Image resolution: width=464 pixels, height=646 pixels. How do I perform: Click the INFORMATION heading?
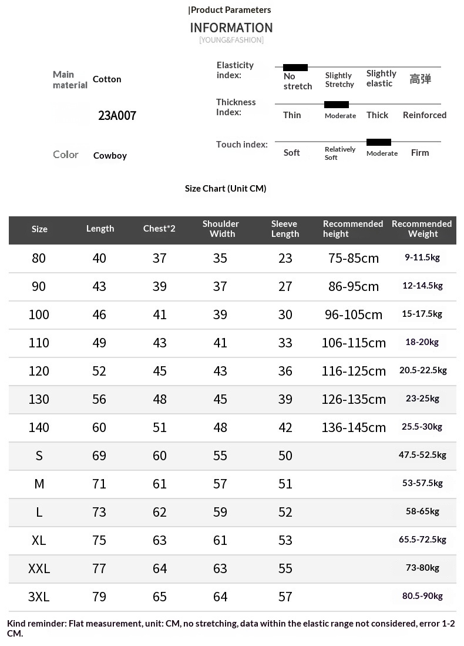tap(231, 28)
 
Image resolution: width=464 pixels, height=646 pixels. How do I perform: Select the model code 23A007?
tap(117, 115)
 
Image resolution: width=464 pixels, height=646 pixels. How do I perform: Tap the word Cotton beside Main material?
tap(107, 79)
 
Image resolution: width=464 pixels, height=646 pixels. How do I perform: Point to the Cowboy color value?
tap(110, 156)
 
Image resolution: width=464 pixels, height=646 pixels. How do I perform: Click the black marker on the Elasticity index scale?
tap(295, 68)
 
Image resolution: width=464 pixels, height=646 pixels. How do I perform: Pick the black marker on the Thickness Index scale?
tap(337, 105)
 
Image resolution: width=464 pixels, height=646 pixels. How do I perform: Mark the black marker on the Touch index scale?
tap(379, 142)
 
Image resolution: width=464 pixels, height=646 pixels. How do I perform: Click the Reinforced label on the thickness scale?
tap(425, 115)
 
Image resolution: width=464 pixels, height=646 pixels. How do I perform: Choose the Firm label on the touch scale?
tap(420, 153)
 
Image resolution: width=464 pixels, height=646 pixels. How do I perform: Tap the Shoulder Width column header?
tap(220, 229)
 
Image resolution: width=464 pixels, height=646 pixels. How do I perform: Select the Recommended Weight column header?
tap(422, 229)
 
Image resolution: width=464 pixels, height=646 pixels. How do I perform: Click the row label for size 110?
tap(39, 343)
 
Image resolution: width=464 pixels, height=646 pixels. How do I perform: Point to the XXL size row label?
tap(39, 568)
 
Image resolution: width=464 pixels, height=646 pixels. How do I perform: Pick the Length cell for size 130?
tap(99, 399)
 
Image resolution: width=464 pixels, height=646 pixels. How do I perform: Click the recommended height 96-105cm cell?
tap(354, 314)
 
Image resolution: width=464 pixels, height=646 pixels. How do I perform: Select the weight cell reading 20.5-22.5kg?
tap(423, 370)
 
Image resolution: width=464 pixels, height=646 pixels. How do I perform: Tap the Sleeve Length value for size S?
tap(285, 456)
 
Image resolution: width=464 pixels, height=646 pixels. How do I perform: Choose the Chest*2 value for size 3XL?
tap(160, 597)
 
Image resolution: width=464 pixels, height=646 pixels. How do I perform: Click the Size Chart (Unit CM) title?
tap(226, 188)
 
